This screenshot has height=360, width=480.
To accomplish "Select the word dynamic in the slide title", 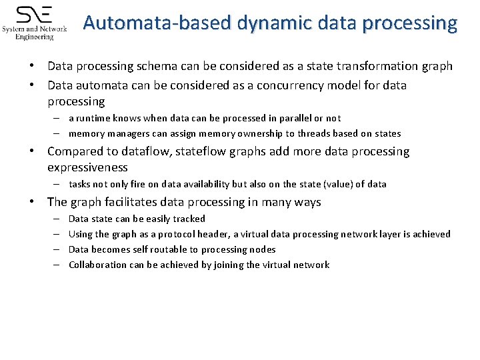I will click(257, 24).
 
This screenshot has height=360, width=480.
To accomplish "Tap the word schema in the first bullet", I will click(158, 66).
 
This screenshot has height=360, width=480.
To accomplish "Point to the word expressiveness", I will click(87, 167).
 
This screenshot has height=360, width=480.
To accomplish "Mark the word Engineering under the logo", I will click(35, 37).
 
